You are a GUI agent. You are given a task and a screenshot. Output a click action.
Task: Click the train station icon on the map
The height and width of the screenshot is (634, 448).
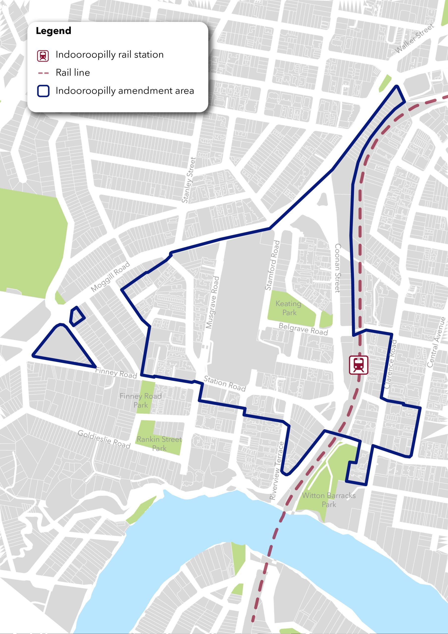[359, 365]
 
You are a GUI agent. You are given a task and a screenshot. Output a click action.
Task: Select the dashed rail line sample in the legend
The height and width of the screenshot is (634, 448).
[43, 73]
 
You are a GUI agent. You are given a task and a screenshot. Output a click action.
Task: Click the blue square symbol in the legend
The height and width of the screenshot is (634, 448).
[43, 91]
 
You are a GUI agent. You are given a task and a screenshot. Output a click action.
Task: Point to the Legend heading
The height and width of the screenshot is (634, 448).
[53, 31]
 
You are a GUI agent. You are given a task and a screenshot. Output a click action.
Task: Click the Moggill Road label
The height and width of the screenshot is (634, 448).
[110, 276]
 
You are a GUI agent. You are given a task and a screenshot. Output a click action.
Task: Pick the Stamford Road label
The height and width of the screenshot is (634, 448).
[273, 265]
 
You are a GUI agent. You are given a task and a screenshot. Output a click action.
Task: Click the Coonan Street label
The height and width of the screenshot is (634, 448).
[338, 268]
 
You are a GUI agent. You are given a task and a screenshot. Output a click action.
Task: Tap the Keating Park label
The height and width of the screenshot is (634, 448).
[289, 308]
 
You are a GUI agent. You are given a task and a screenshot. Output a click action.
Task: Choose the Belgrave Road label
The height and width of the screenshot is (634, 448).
[303, 329]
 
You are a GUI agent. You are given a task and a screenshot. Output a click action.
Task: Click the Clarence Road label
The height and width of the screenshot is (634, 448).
[391, 364]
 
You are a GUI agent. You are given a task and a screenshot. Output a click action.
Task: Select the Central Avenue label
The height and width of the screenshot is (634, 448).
[436, 342]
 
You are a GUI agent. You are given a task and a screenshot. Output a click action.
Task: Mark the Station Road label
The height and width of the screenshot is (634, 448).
[225, 383]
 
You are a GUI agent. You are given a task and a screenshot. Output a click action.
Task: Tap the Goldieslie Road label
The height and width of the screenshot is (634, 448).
[104, 439]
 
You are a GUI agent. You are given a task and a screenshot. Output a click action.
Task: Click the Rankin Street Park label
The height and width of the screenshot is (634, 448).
[159, 444]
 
